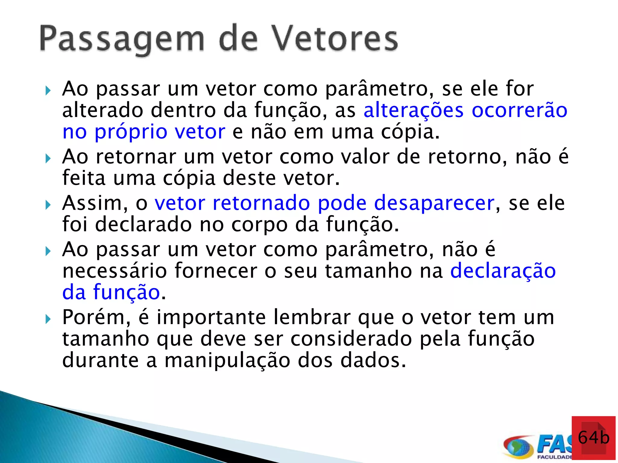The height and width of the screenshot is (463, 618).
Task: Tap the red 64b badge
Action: pyautogui.click(x=593, y=438)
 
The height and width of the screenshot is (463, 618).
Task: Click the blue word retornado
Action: pyautogui.click(x=261, y=203)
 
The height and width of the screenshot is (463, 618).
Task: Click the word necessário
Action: pyautogui.click(x=115, y=271)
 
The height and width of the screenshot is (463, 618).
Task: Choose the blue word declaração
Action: pyautogui.click(x=503, y=271)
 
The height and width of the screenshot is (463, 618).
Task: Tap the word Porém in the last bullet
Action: pyautogui.click(x=97, y=317)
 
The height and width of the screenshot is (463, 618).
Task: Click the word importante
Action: pyautogui.click(x=211, y=317)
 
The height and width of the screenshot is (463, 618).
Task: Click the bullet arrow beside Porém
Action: pyautogui.click(x=48, y=319)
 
